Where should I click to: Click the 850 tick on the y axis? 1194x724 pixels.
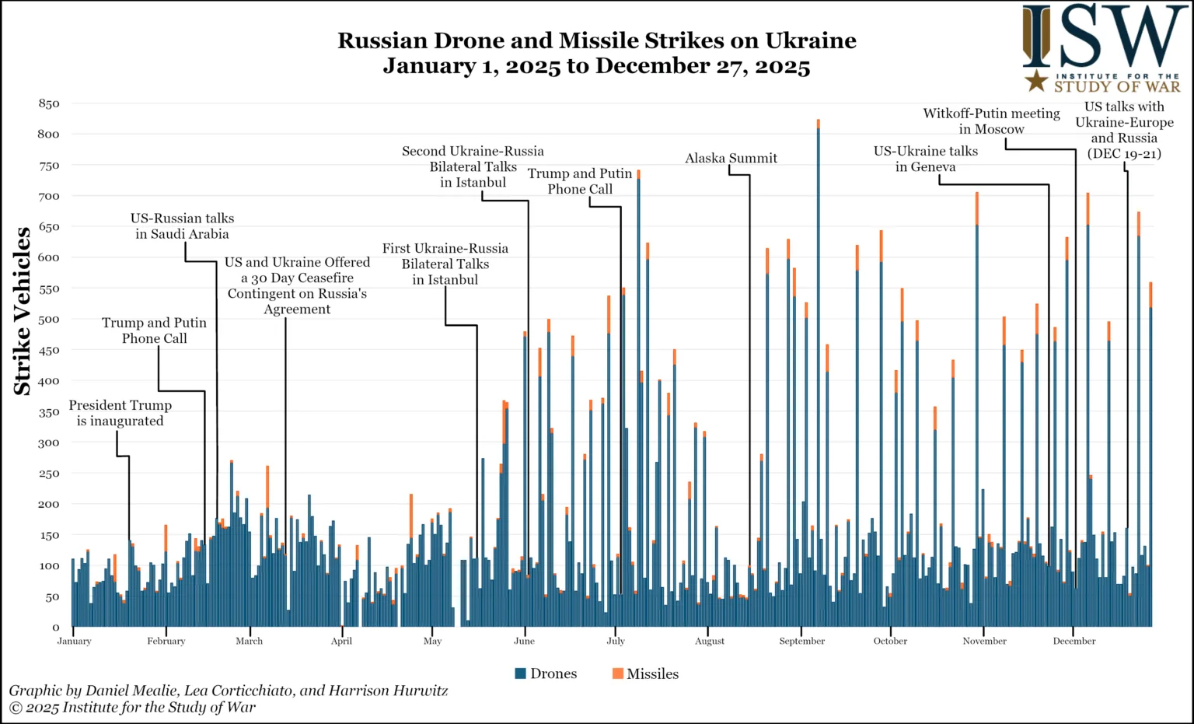(48, 103)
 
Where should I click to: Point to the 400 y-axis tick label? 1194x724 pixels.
(48, 381)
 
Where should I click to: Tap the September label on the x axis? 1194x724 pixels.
(801, 642)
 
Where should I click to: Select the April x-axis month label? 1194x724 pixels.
(341, 642)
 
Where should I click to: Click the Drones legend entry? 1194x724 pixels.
(546, 673)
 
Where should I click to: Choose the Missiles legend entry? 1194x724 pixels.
(645, 673)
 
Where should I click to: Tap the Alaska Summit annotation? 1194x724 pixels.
(731, 159)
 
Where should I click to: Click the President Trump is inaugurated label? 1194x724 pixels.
(120, 413)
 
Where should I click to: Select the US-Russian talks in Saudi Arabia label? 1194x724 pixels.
(182, 226)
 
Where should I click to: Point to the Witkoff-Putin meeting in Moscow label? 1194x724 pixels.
(991, 121)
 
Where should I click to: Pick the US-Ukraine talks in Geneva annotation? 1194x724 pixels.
(925, 159)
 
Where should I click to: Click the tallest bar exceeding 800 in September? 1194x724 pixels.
(818, 373)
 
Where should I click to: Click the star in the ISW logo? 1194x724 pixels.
(1035, 80)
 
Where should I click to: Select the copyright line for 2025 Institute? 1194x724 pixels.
(132, 708)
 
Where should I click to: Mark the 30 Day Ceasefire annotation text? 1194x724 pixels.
(297, 286)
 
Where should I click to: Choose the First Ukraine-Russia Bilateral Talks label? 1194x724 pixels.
(445, 264)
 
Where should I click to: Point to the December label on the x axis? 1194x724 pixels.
(1074, 642)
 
